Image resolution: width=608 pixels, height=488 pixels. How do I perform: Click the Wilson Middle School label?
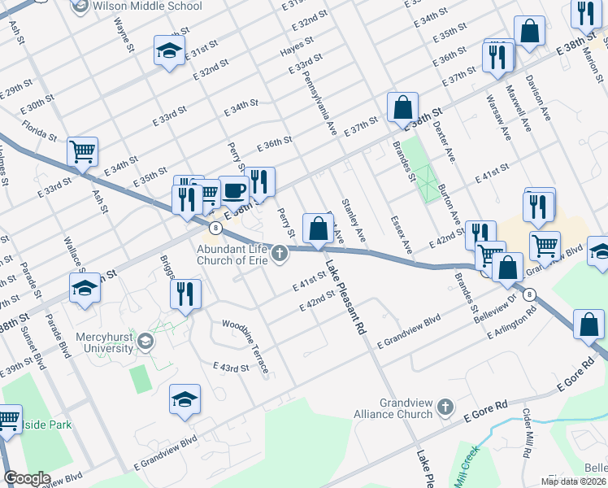coord(147,7)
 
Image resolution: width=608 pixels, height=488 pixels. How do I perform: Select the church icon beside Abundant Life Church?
coord(280,255)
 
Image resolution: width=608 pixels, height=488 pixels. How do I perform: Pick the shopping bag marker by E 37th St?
coord(402,107)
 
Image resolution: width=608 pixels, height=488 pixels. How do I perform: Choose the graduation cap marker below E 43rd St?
coord(185,399)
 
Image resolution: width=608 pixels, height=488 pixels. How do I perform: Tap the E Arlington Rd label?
coord(512,322)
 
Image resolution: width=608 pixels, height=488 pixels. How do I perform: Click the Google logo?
coord(27,478)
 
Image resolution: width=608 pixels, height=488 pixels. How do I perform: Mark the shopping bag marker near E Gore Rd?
coord(588,325)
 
